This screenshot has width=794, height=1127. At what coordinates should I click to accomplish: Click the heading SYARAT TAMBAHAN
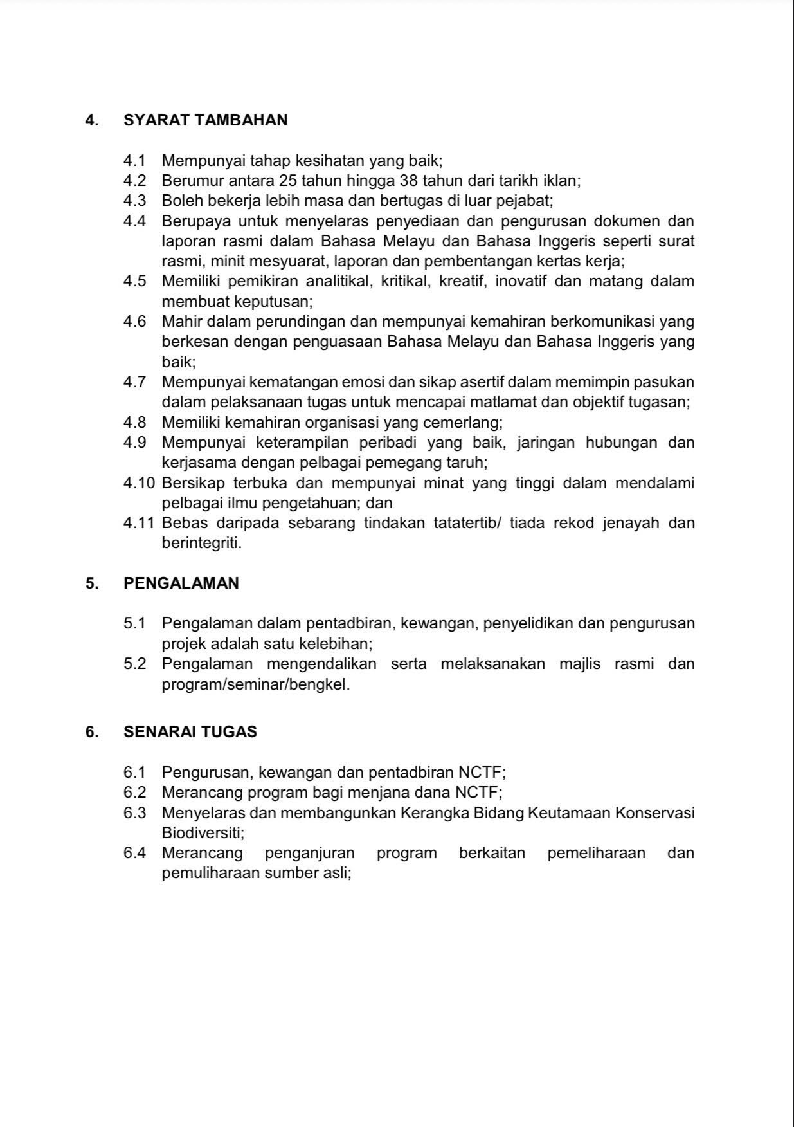click(x=205, y=120)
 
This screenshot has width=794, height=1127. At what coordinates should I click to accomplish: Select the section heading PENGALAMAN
click(x=181, y=583)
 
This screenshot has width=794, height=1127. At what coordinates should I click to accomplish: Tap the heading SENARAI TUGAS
click(x=190, y=732)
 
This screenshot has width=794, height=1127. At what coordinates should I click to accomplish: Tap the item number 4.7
click(x=134, y=382)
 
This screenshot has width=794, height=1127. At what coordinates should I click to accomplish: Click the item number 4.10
click(x=138, y=483)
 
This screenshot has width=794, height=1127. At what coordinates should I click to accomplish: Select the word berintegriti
click(x=201, y=544)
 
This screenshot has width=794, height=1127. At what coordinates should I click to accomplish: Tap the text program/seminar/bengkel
click(x=255, y=684)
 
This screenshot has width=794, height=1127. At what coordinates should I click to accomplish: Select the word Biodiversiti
click(x=203, y=833)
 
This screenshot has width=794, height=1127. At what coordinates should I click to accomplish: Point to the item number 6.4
click(x=134, y=854)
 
